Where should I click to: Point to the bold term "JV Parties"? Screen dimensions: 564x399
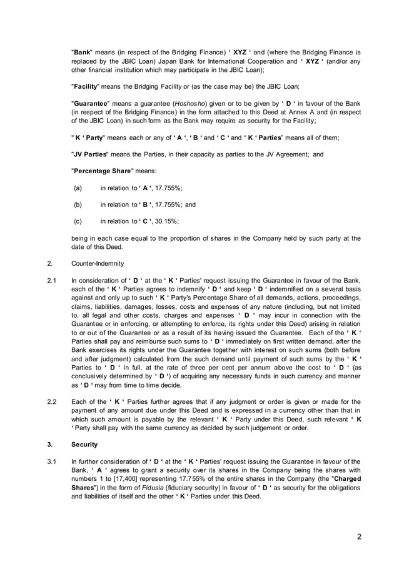(x=90, y=153)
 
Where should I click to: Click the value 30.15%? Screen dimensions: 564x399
(x=168, y=221)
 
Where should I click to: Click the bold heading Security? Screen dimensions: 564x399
(x=85, y=445)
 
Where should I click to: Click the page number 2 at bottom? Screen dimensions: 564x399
(x=359, y=536)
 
